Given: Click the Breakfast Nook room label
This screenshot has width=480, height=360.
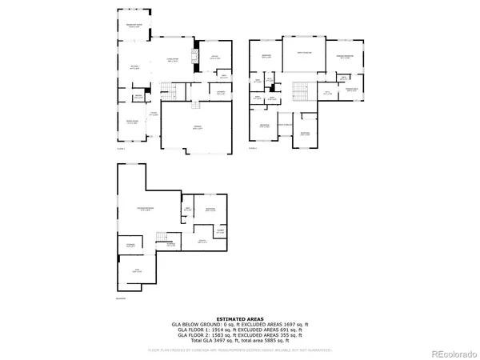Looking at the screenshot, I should coord(134,26).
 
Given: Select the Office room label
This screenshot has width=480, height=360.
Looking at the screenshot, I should coord(215,58).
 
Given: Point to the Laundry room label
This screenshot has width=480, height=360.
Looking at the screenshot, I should coord(220,92).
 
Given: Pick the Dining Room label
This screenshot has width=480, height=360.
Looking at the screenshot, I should coord(131,122).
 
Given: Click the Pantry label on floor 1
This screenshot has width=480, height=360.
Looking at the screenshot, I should coord(138,96).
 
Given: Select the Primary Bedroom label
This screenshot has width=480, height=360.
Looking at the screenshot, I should coord(345,56).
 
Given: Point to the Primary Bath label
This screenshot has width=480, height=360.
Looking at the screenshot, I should coord(351,90).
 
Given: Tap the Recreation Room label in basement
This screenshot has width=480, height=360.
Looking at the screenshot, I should coord(144,210).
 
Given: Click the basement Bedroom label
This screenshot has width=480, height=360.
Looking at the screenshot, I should coord(210,209).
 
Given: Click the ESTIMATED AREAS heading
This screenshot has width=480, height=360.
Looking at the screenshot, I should coord(239,318).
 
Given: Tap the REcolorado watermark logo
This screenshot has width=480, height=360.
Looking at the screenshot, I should coord(452,353).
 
